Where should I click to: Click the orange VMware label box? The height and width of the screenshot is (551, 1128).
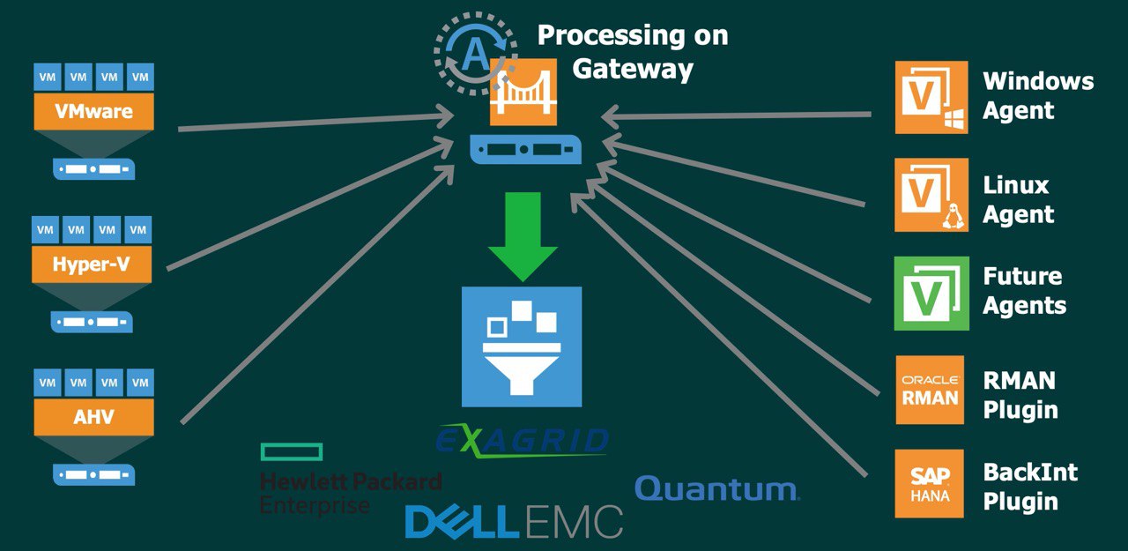(x=93, y=112)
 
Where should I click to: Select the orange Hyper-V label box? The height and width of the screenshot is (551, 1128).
(x=91, y=264)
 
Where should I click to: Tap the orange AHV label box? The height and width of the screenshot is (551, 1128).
(x=93, y=416)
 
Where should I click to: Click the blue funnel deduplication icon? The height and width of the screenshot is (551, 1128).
(x=522, y=346)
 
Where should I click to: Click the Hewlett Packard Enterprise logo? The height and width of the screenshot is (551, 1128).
(x=350, y=480)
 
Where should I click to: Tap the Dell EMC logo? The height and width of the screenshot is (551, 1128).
(x=514, y=522)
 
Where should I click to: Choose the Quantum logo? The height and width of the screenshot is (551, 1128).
(x=716, y=488)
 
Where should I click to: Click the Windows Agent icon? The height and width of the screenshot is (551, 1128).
(x=931, y=97)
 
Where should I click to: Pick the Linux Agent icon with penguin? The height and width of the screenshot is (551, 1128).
(x=931, y=195)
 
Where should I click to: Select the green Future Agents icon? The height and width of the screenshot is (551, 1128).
(x=931, y=294)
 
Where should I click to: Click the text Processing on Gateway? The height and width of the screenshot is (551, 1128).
(x=633, y=52)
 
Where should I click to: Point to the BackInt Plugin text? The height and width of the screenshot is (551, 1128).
(x=1029, y=487)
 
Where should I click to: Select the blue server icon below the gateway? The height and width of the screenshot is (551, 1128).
(x=524, y=148)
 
